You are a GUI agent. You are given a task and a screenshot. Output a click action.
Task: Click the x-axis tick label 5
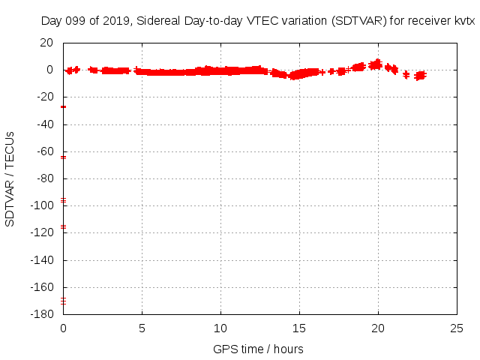click(x=142, y=328)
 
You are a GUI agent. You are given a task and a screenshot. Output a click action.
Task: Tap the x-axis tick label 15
click(x=299, y=328)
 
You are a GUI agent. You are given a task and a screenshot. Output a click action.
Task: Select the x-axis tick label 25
click(x=457, y=328)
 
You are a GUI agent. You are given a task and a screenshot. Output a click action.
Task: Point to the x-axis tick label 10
click(x=220, y=328)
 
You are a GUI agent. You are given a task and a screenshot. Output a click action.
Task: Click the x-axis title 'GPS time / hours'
click(x=258, y=349)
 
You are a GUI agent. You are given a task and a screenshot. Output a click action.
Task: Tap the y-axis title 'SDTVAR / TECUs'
click(x=10, y=178)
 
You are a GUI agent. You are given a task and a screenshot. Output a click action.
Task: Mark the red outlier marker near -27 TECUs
click(x=64, y=107)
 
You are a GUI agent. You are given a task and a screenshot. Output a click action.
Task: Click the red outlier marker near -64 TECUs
click(x=64, y=157)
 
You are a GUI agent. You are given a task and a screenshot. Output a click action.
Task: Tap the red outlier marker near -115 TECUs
click(x=64, y=226)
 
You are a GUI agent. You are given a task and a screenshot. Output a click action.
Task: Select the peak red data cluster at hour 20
click(x=377, y=64)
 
